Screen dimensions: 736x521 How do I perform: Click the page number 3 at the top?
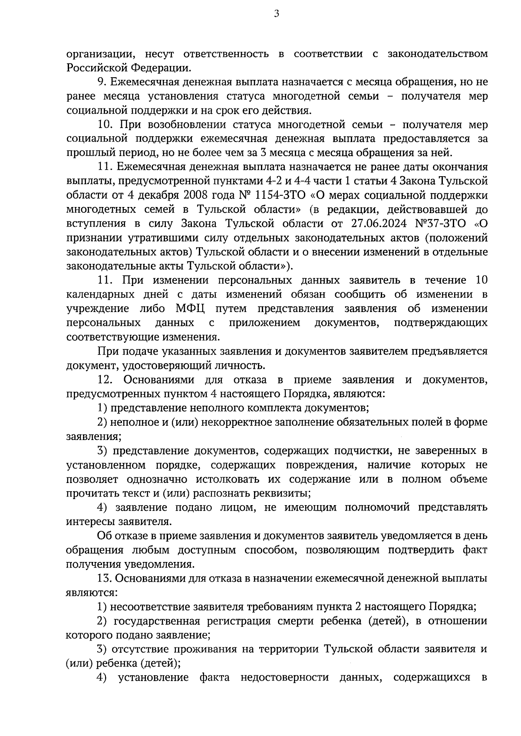[276, 14]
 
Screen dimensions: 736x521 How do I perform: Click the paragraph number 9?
[102, 82]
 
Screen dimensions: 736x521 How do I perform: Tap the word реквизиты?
[280, 493]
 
